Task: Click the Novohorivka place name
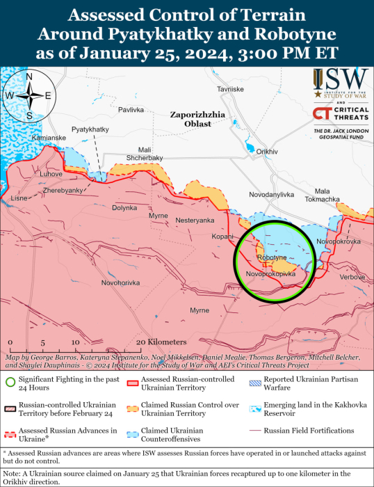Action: (x=120, y=282)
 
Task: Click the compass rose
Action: (x=29, y=95)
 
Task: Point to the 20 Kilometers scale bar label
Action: (x=161, y=342)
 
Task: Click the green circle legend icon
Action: (x=10, y=381)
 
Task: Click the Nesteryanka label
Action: (x=195, y=220)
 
